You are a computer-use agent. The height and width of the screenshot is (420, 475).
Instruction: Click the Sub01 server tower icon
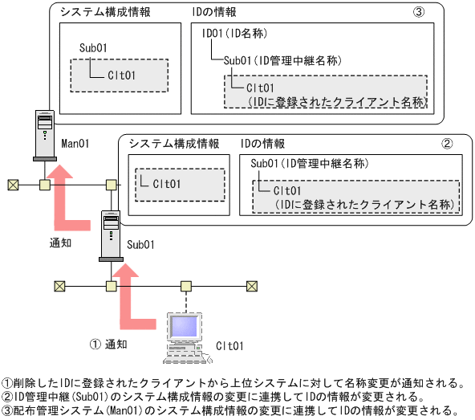point(110,234)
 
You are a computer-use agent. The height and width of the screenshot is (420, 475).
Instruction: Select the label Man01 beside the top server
point(75,143)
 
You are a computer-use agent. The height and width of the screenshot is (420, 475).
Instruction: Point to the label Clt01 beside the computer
point(229,346)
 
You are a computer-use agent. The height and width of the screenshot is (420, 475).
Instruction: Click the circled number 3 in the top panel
point(419,14)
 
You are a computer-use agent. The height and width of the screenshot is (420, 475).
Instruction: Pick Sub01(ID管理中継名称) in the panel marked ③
point(283,60)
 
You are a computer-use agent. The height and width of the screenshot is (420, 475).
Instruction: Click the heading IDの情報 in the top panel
point(215,14)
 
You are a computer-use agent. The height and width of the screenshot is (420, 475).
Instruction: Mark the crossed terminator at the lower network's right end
point(252,285)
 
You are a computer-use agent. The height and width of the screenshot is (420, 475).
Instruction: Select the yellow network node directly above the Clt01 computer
point(186,285)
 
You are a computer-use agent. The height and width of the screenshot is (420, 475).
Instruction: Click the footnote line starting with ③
point(229,410)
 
